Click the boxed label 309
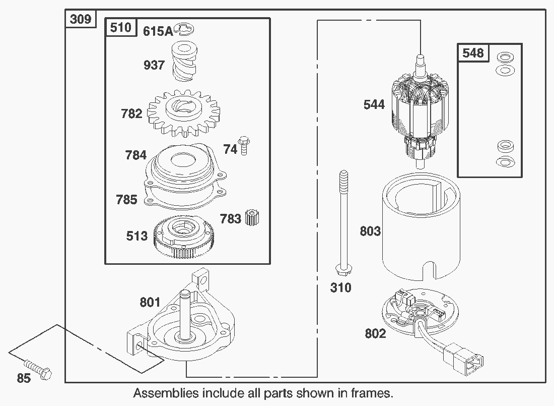click(81, 19)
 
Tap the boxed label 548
click(473, 53)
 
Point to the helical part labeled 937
click(187, 62)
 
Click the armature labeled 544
click(420, 111)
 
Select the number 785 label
click(126, 199)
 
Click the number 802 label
click(375, 334)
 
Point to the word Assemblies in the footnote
click(165, 392)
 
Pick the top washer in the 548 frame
click(503, 56)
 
